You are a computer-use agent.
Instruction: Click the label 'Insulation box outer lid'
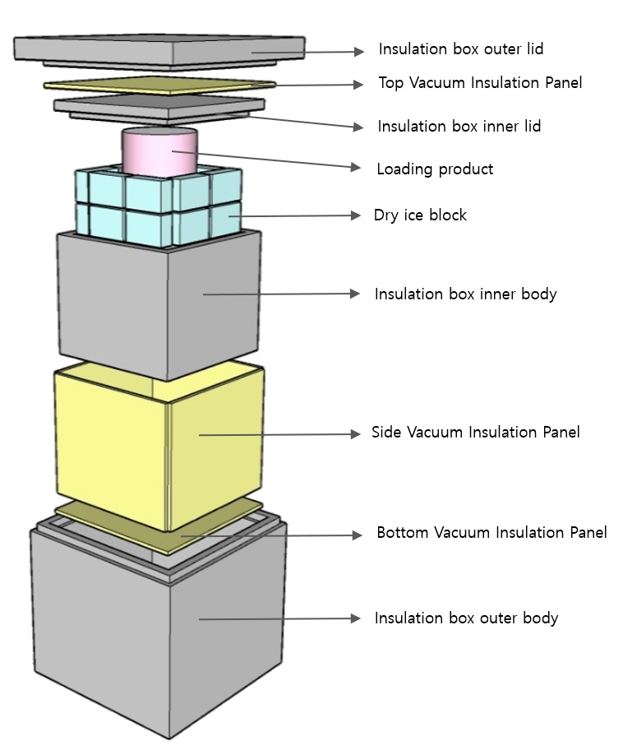pos(460,49)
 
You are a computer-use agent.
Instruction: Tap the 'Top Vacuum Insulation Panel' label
pos(480,83)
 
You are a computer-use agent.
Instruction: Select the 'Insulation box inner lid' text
pos(459,127)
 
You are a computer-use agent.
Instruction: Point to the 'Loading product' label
pos(435,169)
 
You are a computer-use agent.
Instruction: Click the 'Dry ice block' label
pos(420,215)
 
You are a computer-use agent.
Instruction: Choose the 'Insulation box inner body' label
pos(465,294)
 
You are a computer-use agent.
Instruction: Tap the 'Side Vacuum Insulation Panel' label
pos(475,433)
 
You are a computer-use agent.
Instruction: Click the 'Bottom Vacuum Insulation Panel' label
pos(491,533)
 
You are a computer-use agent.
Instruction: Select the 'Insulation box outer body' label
pos(466,618)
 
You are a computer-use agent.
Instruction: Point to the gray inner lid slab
pos(156,105)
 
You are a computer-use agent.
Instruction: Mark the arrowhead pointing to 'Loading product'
pos(356,168)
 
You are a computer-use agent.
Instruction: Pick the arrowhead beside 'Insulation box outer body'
pos(356,618)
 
